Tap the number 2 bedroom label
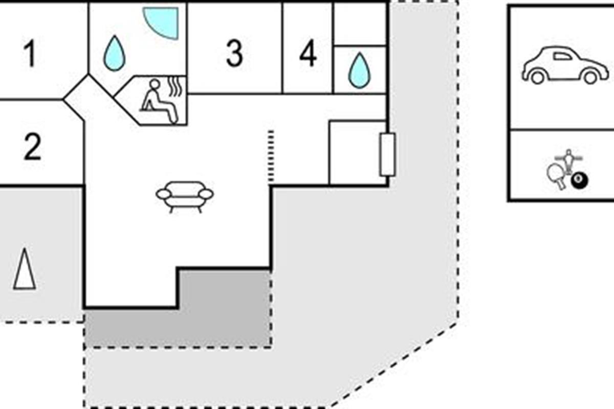(33, 147)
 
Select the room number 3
(234, 53)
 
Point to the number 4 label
(308, 53)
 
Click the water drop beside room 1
(114, 53)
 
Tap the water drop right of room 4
(359, 71)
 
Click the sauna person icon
(159, 101)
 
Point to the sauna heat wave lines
(176, 86)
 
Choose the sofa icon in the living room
(185, 197)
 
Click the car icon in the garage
(565, 65)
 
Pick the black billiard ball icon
(579, 181)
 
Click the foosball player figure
(569, 162)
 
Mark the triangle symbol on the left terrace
(25, 269)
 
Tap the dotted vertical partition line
(271, 156)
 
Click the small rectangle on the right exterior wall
(388, 154)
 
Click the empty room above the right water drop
(360, 24)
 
